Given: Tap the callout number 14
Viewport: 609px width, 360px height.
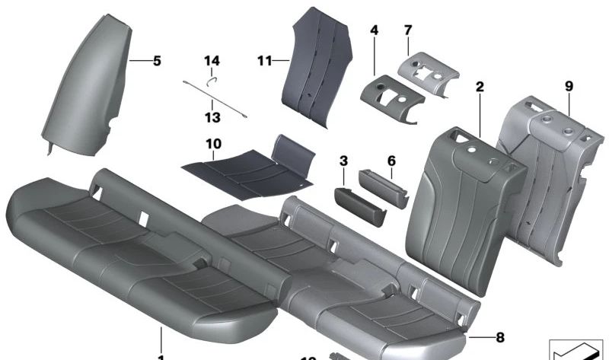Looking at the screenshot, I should [x=211, y=61].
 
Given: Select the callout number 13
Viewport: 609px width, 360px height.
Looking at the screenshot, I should [x=212, y=117].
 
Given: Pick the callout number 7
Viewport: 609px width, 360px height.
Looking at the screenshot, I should [x=408, y=30].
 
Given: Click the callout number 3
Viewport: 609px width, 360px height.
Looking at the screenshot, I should [x=343, y=161].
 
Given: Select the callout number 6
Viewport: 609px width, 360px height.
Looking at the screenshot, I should [x=391, y=161].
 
